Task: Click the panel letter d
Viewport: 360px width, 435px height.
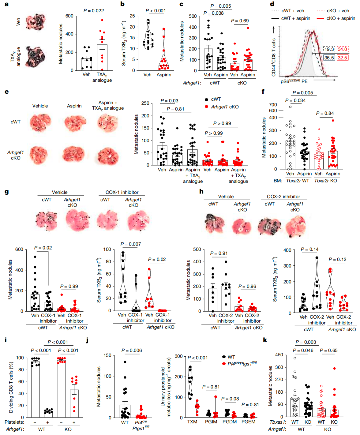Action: [272, 4]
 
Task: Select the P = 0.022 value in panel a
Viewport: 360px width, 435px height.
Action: [94, 11]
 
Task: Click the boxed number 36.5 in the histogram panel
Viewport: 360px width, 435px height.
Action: [329, 57]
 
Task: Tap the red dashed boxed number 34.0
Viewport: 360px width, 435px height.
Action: [342, 49]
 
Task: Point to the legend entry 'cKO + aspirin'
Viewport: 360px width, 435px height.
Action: [337, 18]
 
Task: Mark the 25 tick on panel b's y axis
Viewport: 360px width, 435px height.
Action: [132, 16]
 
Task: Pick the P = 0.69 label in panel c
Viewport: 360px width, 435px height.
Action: [240, 21]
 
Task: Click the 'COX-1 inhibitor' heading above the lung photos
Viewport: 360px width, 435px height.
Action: [122, 192]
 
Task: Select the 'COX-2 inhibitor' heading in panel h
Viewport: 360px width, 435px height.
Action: [283, 196]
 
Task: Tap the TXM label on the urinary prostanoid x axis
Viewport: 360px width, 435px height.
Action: [192, 422]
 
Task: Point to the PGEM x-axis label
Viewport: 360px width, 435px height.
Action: [248, 422]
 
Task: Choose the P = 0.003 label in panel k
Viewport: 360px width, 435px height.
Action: [306, 342]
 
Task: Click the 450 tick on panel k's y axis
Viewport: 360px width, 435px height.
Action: [279, 355]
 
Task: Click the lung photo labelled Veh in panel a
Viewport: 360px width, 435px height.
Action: [35, 22]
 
